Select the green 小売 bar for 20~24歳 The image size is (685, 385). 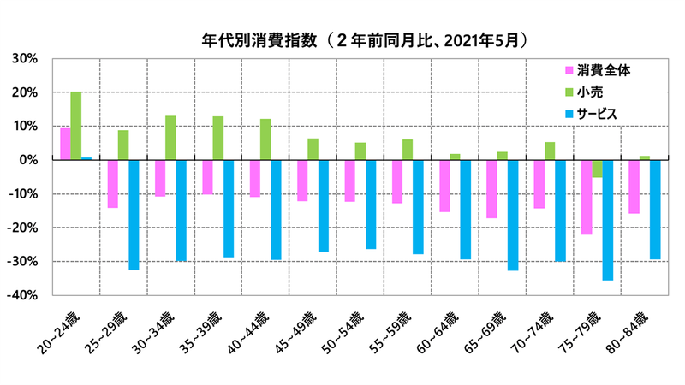coord(76,126)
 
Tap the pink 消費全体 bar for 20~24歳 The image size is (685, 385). coord(65,144)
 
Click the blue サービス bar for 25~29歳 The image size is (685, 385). coord(134,215)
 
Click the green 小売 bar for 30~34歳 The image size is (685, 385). coord(170,138)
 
